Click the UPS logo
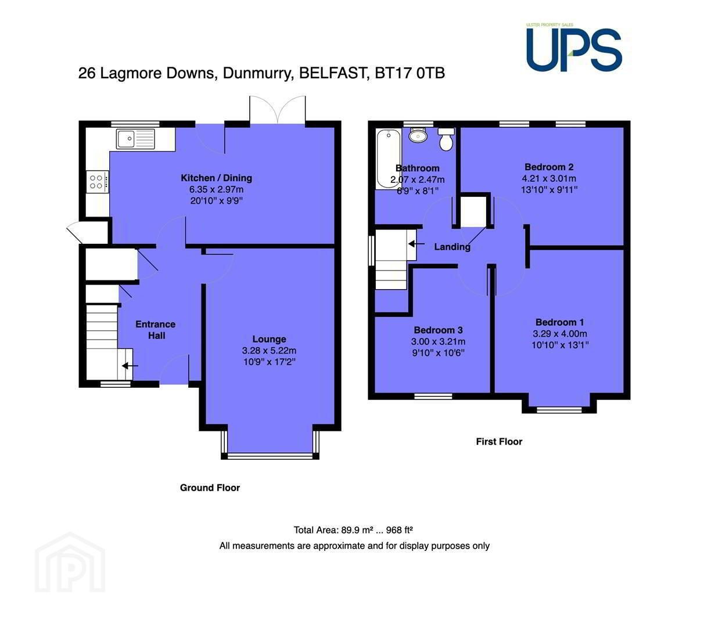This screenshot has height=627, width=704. (x=574, y=48)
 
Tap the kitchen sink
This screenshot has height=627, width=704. (x=135, y=139)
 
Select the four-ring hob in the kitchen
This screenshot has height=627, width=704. (x=98, y=182)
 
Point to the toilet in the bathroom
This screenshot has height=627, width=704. (x=446, y=139)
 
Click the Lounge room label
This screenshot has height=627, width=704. (x=269, y=339)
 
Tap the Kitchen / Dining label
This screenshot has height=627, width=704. (x=216, y=178)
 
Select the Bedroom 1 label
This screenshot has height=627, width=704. (x=559, y=322)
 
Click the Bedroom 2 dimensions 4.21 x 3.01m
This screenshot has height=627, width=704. (x=549, y=179)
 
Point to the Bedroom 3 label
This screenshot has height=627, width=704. (x=438, y=330)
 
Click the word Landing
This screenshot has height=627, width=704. (x=452, y=247)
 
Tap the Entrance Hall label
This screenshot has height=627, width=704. (x=155, y=330)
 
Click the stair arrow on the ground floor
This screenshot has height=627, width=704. (x=130, y=366)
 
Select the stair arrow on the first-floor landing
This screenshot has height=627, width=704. (x=416, y=244)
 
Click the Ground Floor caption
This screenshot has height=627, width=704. (x=210, y=488)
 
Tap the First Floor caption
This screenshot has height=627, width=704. (x=499, y=441)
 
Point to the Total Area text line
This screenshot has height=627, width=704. (x=353, y=530)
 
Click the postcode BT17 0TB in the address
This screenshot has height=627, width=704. (x=410, y=73)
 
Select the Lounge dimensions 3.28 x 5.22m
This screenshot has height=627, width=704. (x=269, y=351)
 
